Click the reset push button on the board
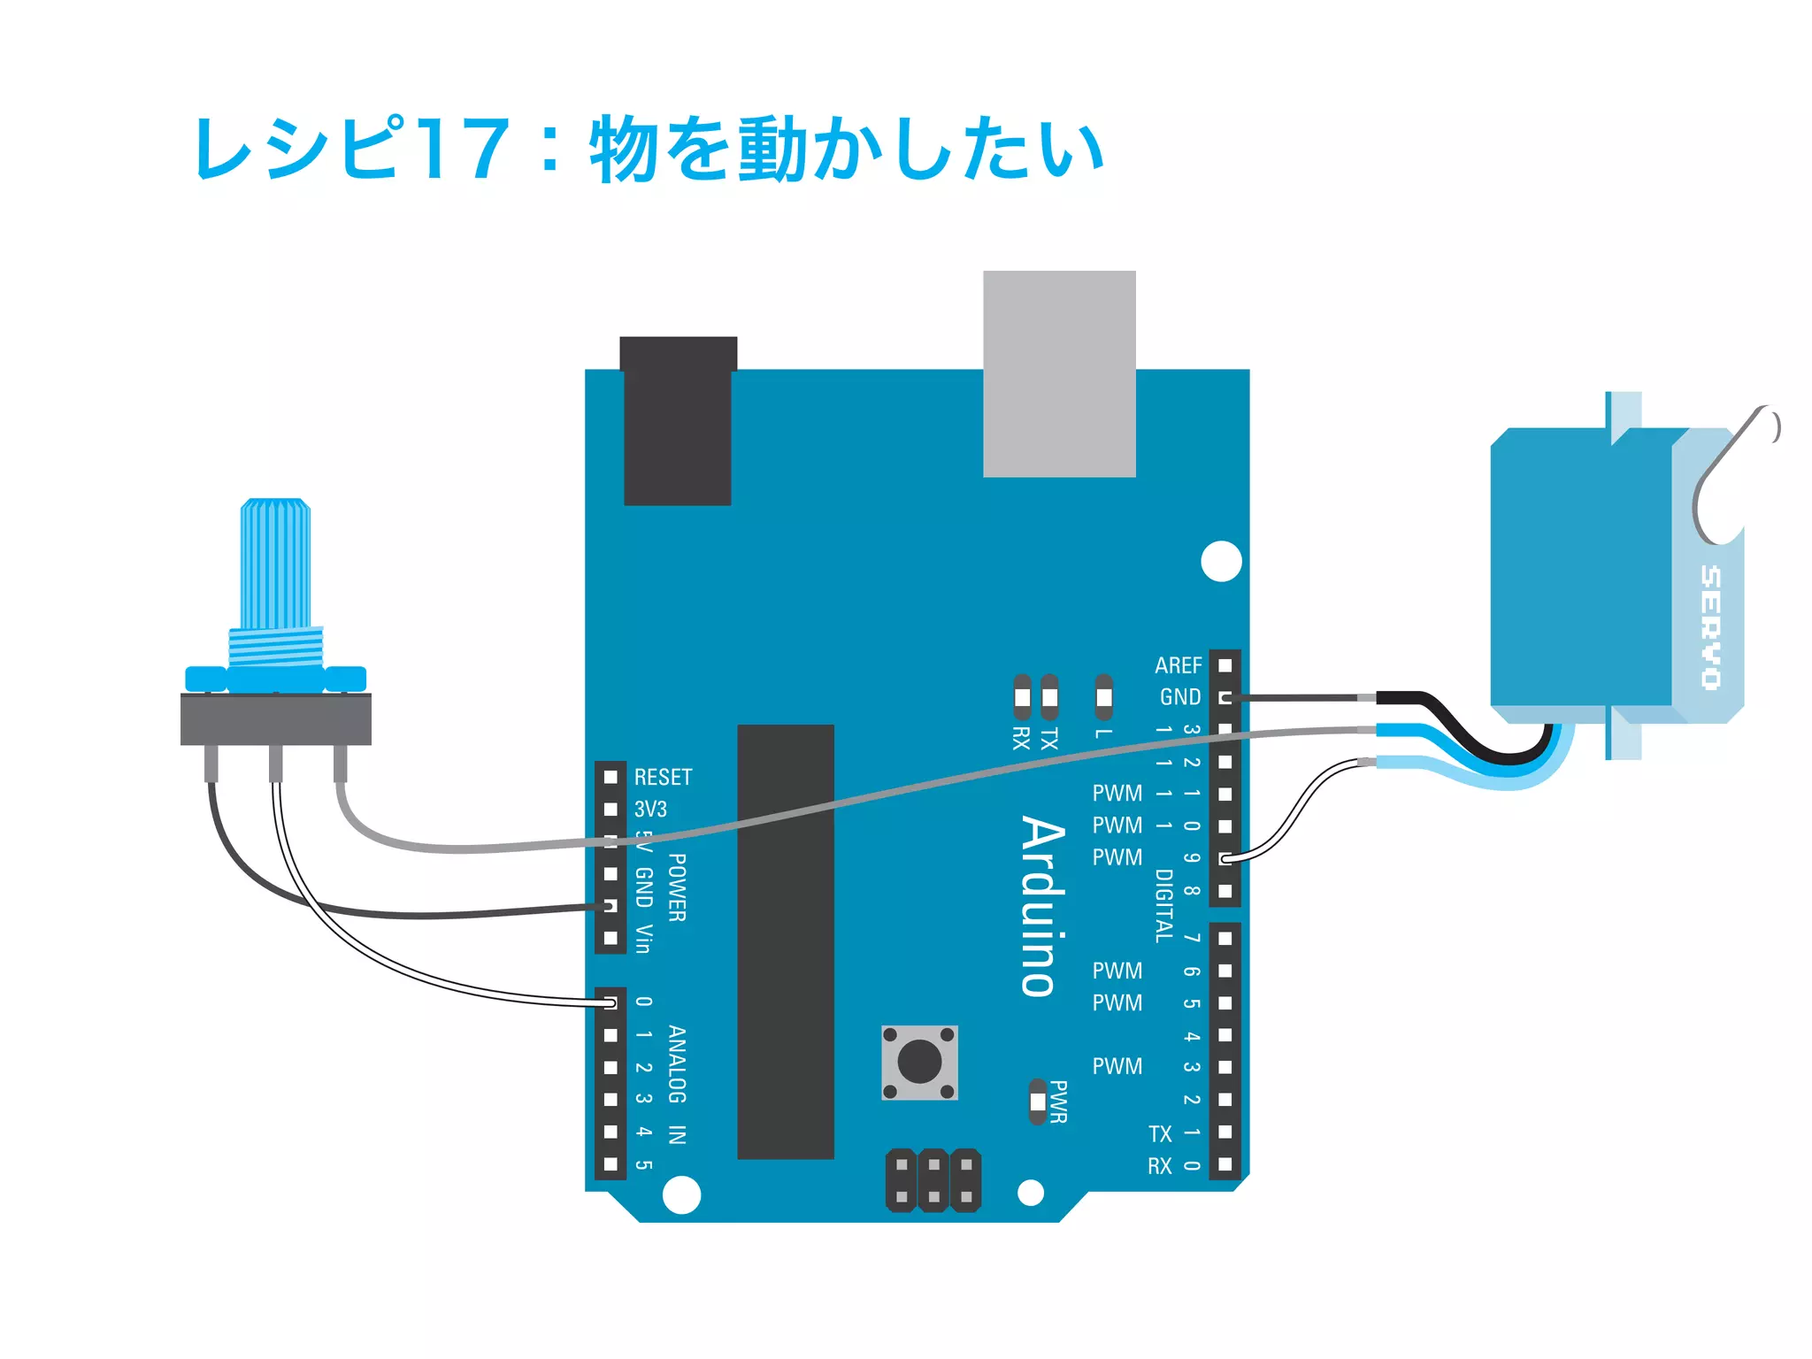[919, 1062]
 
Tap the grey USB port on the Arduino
[1059, 373]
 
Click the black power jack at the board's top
[678, 421]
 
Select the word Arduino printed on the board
[1043, 906]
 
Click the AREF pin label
[1178, 664]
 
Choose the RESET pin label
[663, 777]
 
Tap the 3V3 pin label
[650, 809]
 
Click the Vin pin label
[644, 939]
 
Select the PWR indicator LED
[1038, 1102]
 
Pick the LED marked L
[1103, 697]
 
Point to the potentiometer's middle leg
[276, 764]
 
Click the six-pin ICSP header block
[933, 1180]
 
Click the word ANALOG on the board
[677, 1064]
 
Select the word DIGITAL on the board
[1164, 905]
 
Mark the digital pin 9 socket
[1225, 858]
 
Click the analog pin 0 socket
[610, 1002]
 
